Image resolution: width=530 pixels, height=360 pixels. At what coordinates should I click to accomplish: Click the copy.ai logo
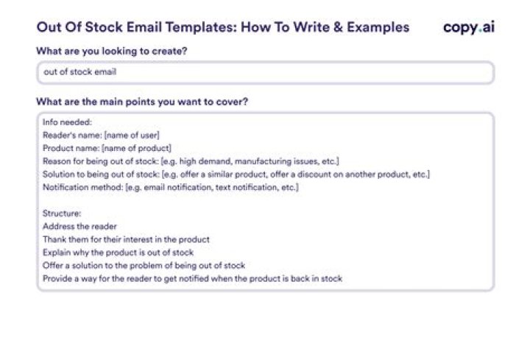[x=468, y=27]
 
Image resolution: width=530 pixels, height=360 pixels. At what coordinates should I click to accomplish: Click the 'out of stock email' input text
[x=79, y=73]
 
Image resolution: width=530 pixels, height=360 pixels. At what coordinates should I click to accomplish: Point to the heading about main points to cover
[x=141, y=102]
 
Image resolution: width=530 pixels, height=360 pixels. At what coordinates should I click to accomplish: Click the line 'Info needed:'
[x=66, y=123]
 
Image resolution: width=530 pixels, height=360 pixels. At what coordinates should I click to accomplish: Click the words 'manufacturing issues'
[x=277, y=161]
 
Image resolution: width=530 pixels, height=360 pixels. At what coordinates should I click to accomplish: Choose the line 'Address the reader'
[x=79, y=226]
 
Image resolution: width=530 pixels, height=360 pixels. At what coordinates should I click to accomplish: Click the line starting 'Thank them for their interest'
[x=126, y=239]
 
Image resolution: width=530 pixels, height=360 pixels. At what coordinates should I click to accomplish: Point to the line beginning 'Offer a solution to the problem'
[x=144, y=265]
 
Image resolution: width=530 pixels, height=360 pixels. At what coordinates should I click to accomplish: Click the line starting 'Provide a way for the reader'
[x=192, y=278]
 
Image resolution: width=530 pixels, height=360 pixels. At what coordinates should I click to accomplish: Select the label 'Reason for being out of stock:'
[x=100, y=161]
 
